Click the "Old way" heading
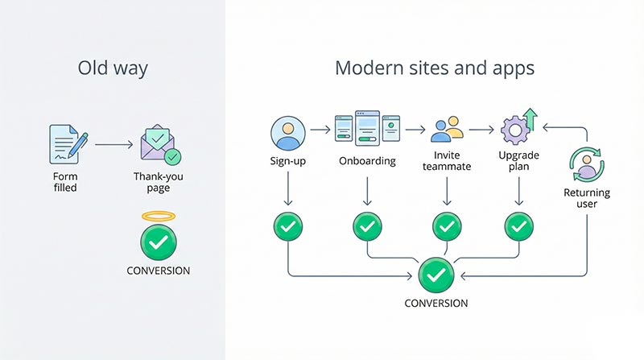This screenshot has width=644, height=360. pyautogui.click(x=112, y=68)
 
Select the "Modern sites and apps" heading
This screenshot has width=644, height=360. pyautogui.click(x=435, y=68)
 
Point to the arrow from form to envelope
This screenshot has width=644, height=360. pyautogui.click(x=114, y=145)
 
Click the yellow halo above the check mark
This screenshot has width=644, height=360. pyautogui.click(x=158, y=216)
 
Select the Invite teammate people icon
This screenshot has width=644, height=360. pyautogui.click(x=447, y=130)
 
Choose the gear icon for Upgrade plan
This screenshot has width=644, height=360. pyautogui.click(x=515, y=130)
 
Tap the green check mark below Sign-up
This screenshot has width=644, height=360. pyautogui.click(x=287, y=226)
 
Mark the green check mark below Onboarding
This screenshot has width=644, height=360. pyautogui.click(x=367, y=226)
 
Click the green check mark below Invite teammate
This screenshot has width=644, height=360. pyautogui.click(x=447, y=226)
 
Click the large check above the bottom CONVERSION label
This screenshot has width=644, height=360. pyautogui.click(x=436, y=275)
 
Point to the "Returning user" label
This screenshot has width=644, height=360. pyautogui.click(x=587, y=199)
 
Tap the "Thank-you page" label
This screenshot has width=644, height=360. pyautogui.click(x=158, y=182)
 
